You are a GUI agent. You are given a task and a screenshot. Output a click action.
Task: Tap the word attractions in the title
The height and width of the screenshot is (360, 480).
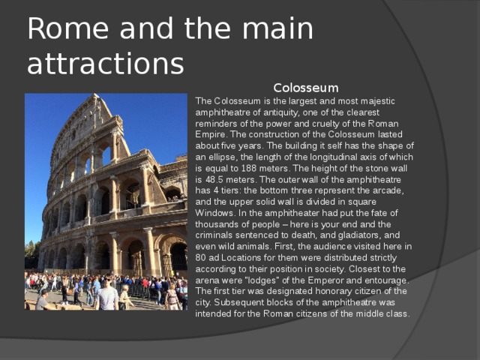click(105, 64)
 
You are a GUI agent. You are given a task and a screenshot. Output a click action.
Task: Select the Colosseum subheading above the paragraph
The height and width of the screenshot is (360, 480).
click(305, 88)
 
